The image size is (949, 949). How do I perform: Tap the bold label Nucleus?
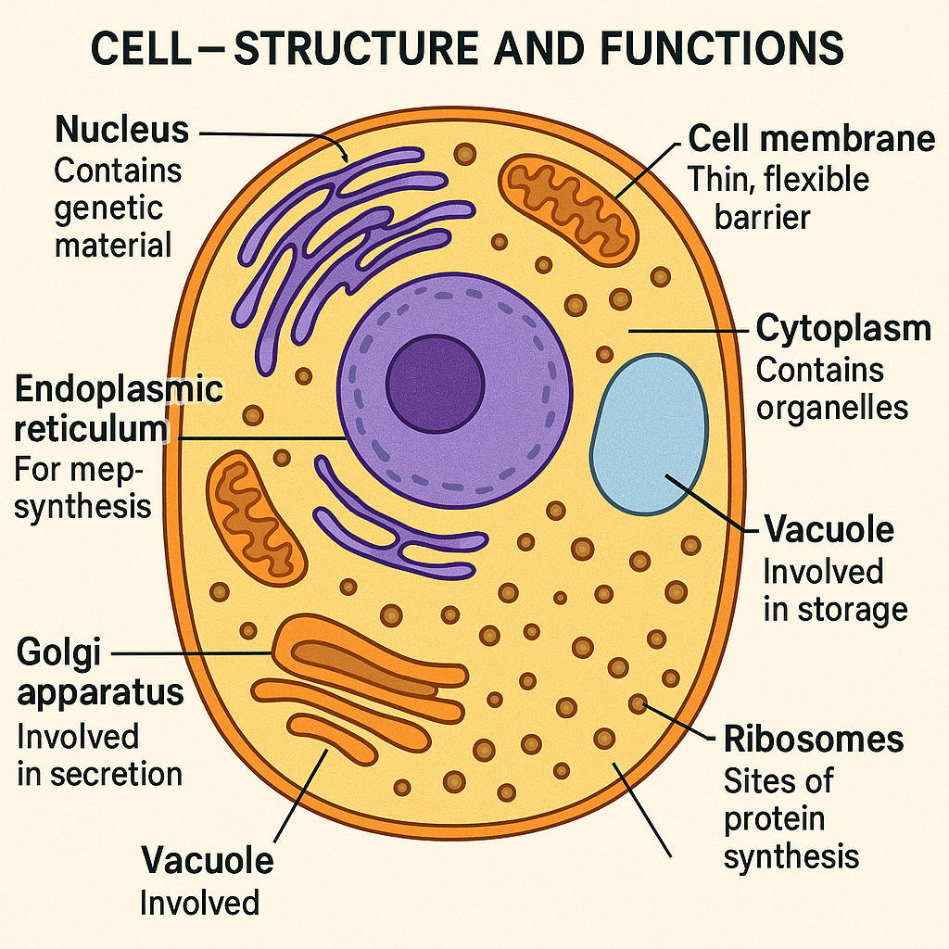[122, 130]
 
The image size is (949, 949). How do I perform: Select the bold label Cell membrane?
[811, 139]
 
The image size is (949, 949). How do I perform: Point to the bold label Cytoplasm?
[843, 329]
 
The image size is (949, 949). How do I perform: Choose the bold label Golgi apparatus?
[99, 672]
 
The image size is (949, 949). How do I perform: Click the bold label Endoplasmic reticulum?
[119, 409]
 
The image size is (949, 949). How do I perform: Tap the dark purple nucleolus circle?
[435, 380]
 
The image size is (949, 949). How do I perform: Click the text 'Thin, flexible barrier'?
[778, 197]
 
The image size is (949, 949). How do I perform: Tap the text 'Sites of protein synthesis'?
[790, 818]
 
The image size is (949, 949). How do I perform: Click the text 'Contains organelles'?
[832, 389]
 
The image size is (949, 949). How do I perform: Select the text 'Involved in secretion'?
[99, 755]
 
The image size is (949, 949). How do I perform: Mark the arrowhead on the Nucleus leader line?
[344, 157]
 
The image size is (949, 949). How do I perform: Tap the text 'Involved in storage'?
[834, 590]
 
